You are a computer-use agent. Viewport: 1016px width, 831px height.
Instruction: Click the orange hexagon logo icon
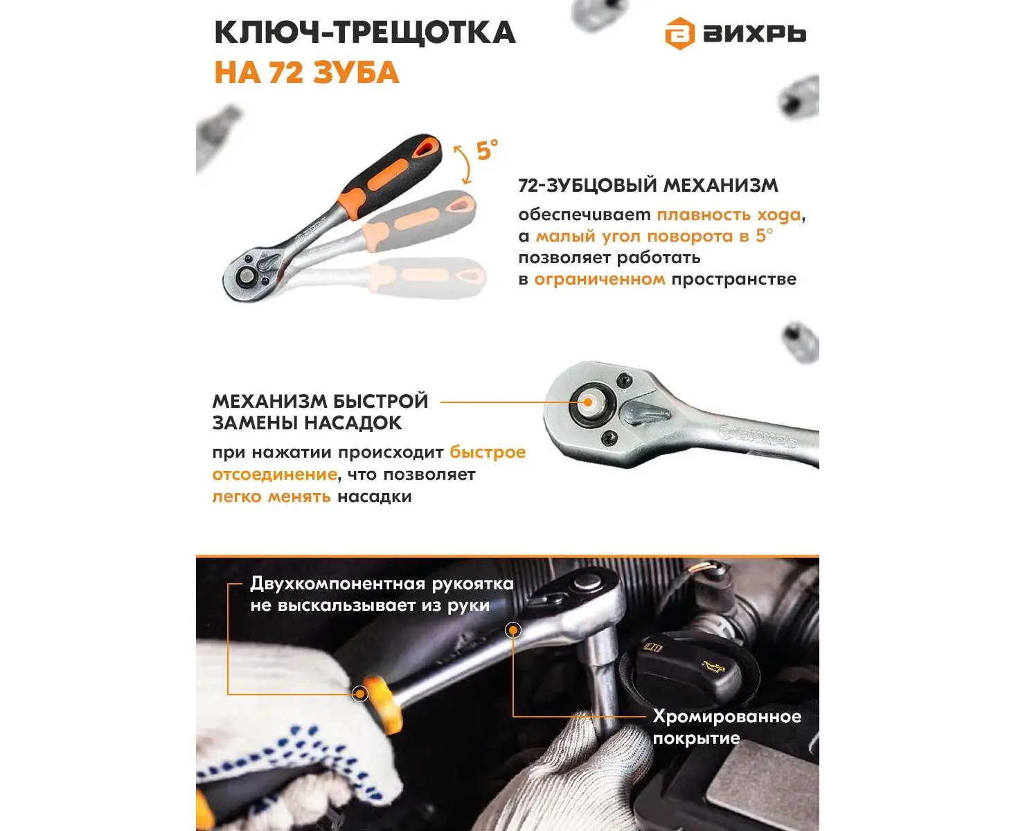pyautogui.click(x=679, y=33)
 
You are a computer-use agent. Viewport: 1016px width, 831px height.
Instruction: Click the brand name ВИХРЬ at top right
pyautogui.click(x=754, y=34)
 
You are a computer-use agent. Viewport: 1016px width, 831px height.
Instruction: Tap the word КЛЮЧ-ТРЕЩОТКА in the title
pyautogui.click(x=365, y=33)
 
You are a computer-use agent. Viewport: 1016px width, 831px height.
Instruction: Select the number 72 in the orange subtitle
pyautogui.click(x=286, y=73)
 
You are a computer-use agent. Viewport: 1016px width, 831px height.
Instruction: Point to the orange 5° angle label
pyautogui.click(x=487, y=150)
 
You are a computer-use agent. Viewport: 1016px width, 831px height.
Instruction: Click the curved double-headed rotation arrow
pyautogui.click(x=464, y=165)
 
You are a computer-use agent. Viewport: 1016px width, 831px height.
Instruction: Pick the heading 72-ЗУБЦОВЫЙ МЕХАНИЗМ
pyautogui.click(x=648, y=186)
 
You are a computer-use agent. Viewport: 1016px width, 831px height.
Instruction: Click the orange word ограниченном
pyautogui.click(x=600, y=279)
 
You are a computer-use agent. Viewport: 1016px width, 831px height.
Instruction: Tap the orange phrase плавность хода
pyautogui.click(x=729, y=215)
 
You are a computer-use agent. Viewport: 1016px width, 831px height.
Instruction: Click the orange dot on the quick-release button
pyautogui.click(x=588, y=402)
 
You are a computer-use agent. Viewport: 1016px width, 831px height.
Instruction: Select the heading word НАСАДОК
pyautogui.click(x=354, y=423)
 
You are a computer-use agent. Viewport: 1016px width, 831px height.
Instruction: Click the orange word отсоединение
pyautogui.click(x=274, y=474)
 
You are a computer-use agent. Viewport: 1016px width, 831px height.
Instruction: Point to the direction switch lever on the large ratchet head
pyautogui.click(x=645, y=413)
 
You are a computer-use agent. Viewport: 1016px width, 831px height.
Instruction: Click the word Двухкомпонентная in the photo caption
pyautogui.click(x=338, y=584)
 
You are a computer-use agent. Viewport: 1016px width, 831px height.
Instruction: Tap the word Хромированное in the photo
pyautogui.click(x=727, y=717)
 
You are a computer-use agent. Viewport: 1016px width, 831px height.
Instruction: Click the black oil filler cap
pyautogui.click(x=690, y=670)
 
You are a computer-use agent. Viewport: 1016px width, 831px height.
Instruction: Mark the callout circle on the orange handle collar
pyautogui.click(x=360, y=694)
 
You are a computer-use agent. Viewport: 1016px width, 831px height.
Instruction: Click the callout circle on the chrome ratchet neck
pyautogui.click(x=513, y=630)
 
